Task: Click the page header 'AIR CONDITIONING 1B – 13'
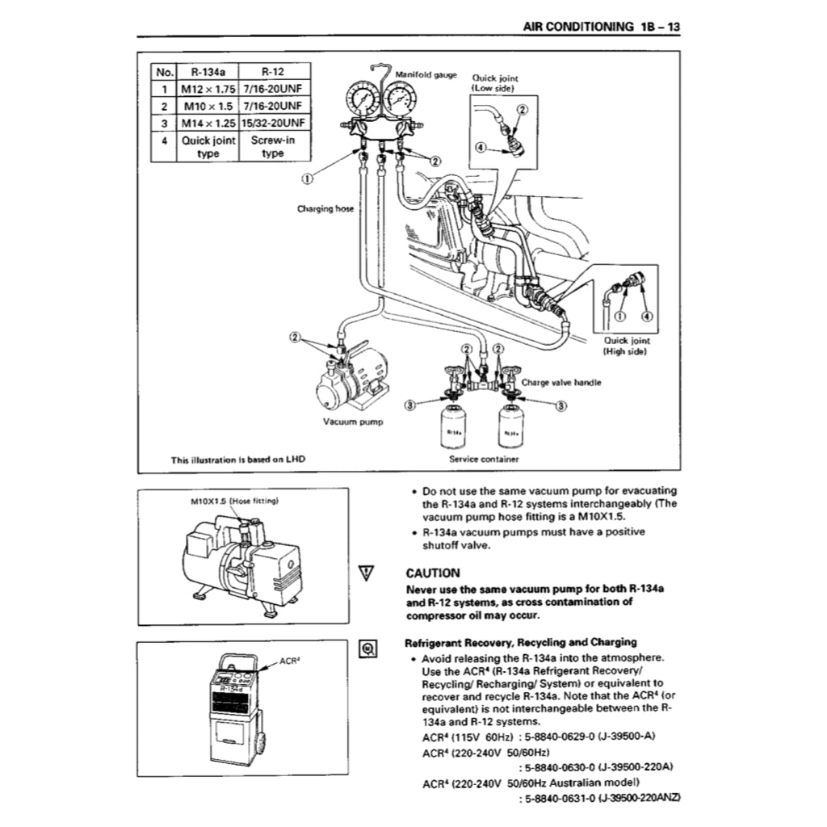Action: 602,27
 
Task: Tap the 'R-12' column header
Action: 272,71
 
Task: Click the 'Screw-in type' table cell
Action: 272,146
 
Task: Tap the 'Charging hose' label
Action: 325,208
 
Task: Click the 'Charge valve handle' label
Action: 561,383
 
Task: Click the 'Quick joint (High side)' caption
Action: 627,346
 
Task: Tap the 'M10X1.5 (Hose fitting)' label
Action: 234,501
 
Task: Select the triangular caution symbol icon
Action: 367,573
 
